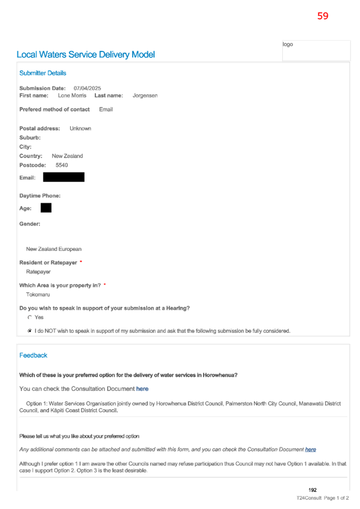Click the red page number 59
pyautogui.click(x=323, y=16)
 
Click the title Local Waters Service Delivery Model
pyautogui.click(x=86, y=55)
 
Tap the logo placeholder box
pyautogui.click(x=316, y=51)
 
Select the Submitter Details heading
pyautogui.click(x=42, y=73)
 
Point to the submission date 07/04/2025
pyautogui.click(x=87, y=88)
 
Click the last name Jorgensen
pyautogui.click(x=145, y=95)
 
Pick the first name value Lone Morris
pyautogui.click(x=72, y=95)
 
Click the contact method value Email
pyautogui.click(x=106, y=109)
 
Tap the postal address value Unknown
pyautogui.click(x=80, y=129)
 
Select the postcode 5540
pyautogui.click(x=62, y=165)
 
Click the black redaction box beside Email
pyautogui.click(x=64, y=177)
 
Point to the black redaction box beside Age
pyautogui.click(x=46, y=208)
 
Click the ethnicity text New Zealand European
pyautogui.click(x=54, y=249)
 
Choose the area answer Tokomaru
pyautogui.click(x=38, y=295)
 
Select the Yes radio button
pyautogui.click(x=30, y=318)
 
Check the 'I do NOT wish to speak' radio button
pyautogui.click(x=30, y=331)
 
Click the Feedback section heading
pyautogui.click(x=33, y=356)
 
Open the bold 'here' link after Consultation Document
pyautogui.click(x=142, y=389)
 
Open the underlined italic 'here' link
pyautogui.click(x=310, y=450)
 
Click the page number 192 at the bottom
pyautogui.click(x=312, y=490)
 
